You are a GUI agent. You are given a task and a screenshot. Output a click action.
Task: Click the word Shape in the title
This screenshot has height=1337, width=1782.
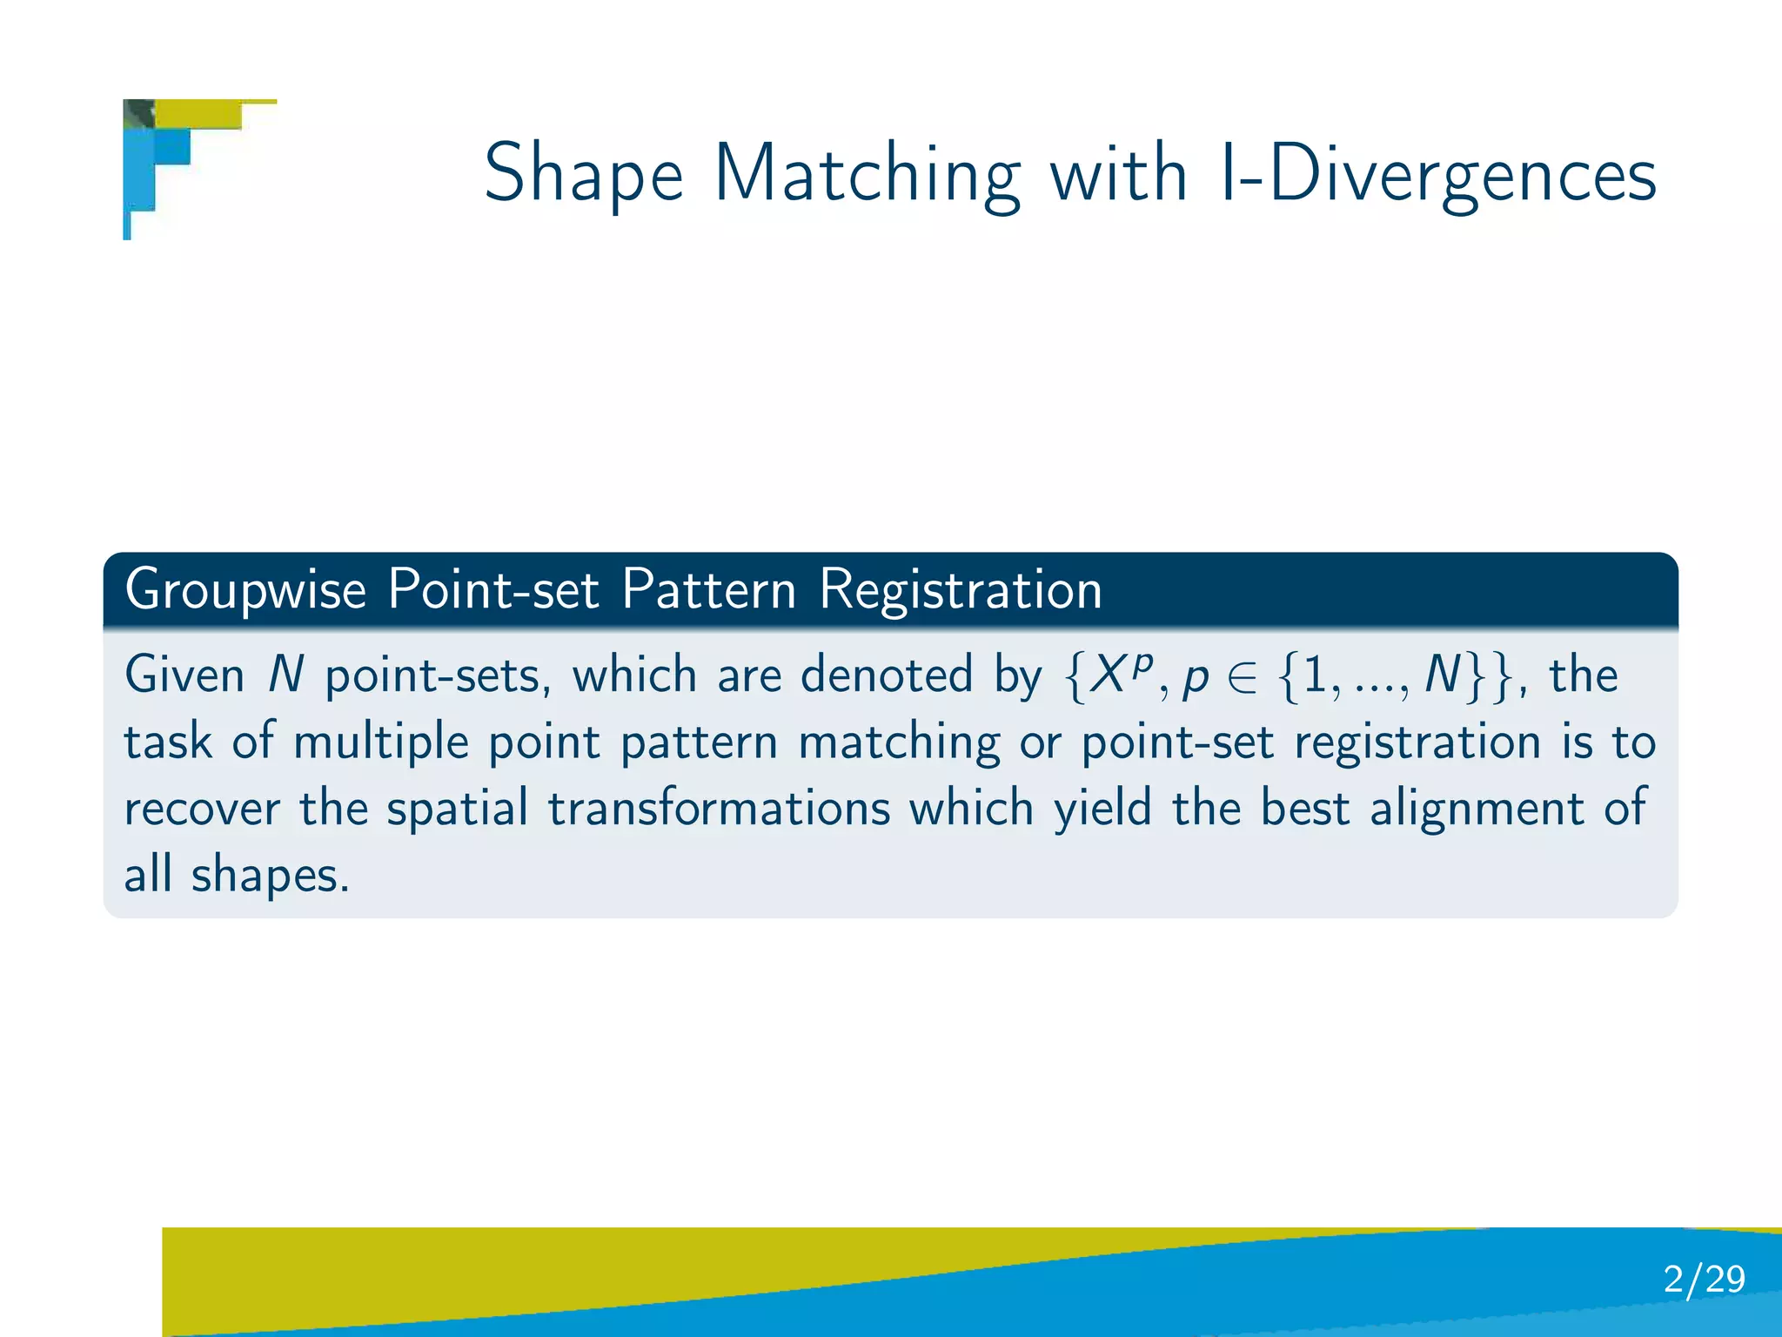click(584, 174)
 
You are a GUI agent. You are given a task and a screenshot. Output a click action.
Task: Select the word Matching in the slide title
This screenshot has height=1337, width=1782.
click(867, 174)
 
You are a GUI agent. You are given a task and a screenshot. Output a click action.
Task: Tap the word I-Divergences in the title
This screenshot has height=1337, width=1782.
click(1437, 174)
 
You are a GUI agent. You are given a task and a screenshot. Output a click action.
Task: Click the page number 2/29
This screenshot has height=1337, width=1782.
click(1703, 1280)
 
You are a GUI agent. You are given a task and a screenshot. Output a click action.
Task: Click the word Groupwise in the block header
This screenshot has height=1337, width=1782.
click(245, 591)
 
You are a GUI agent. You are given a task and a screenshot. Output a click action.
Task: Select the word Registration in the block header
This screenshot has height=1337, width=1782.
click(961, 591)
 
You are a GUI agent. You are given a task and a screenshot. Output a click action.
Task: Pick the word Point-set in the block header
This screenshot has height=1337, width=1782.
click(493, 591)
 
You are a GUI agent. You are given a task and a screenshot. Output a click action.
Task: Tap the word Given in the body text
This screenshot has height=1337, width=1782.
click(184, 675)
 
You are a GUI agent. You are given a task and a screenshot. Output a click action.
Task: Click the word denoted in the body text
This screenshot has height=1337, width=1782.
click(886, 675)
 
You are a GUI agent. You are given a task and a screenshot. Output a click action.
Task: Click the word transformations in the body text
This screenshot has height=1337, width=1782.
click(719, 808)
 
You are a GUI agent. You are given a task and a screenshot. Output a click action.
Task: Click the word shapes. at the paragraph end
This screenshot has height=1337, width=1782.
click(270, 876)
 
